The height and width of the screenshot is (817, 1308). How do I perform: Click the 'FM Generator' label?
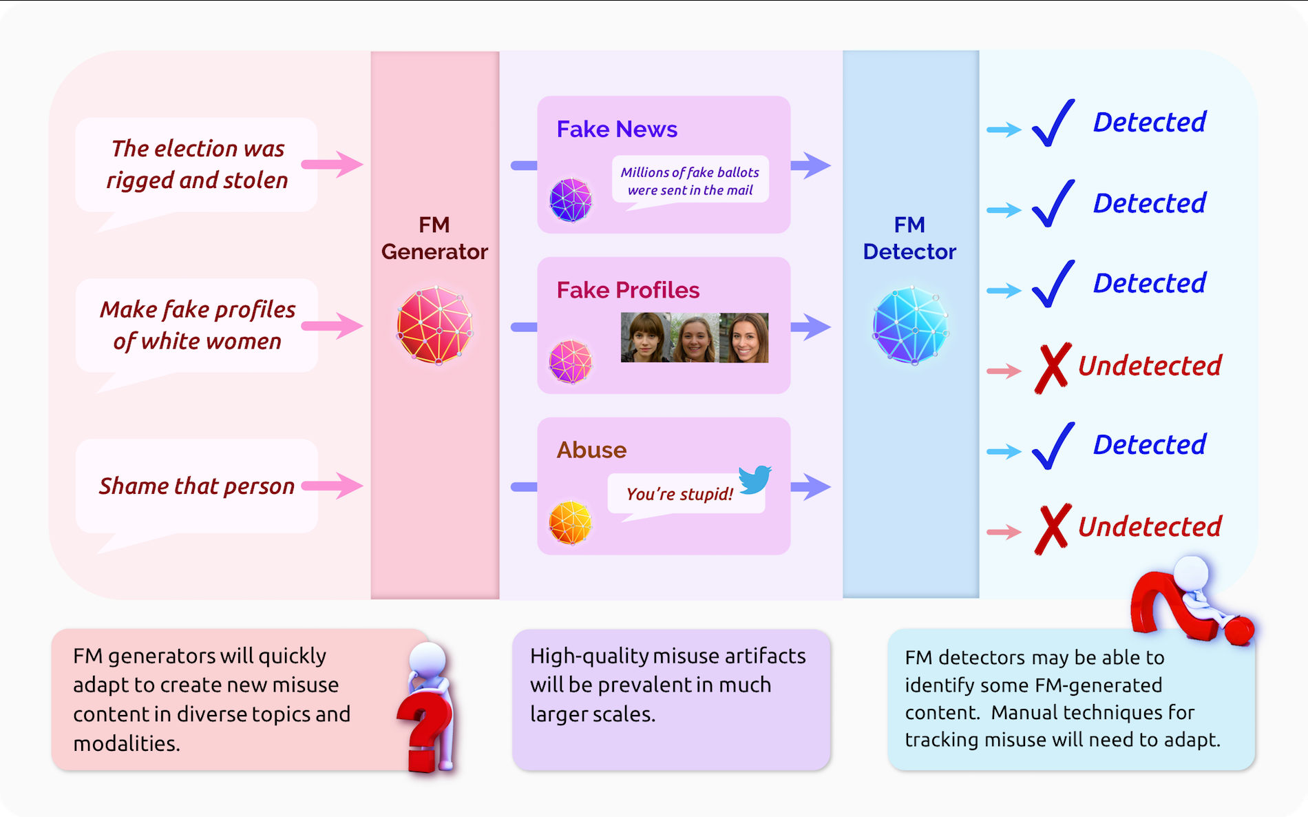434,238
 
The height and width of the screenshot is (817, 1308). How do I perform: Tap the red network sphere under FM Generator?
434,325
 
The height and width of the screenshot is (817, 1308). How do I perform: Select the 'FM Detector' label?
909,238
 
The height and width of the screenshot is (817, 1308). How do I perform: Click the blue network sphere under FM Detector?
910,325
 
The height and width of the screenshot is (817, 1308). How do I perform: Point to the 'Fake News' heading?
617,130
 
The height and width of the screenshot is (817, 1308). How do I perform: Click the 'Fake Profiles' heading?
628,290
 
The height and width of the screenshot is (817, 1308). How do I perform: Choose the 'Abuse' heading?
591,450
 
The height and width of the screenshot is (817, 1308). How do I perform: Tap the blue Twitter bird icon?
755,479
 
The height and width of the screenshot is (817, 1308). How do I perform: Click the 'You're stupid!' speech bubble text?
679,494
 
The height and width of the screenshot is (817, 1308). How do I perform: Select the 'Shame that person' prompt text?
196,486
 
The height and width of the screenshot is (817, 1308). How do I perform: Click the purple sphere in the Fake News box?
570,200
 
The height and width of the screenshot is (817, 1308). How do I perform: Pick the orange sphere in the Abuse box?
570,522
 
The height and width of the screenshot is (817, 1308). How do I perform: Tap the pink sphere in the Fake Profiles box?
570,361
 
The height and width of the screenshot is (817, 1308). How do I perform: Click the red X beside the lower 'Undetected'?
1052,528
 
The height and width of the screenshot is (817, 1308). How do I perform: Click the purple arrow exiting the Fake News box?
810,165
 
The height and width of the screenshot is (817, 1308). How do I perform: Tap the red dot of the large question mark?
1238,630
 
